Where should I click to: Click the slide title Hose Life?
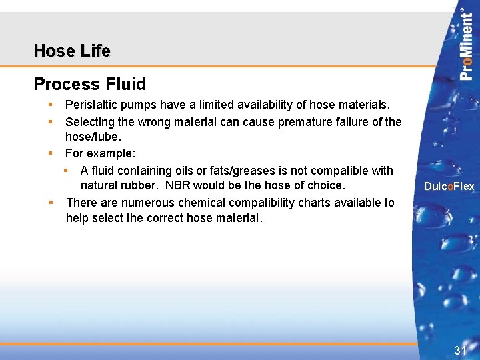pyautogui.click(x=72, y=51)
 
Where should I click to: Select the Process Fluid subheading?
pyautogui.click(x=89, y=84)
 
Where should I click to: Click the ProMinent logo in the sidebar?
pyautogui.click(x=467, y=44)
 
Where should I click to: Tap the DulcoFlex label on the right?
pyautogui.click(x=449, y=187)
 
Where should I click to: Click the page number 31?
pyautogui.click(x=460, y=350)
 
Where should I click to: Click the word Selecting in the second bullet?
pyautogui.click(x=89, y=121)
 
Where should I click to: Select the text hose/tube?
pyautogui.click(x=93, y=137)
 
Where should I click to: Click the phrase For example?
pyautogui.click(x=100, y=153)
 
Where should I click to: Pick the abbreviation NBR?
pyautogui.click(x=178, y=185)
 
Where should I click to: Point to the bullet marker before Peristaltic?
pyautogui.click(x=50, y=105)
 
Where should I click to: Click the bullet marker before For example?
pyautogui.click(x=50, y=153)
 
